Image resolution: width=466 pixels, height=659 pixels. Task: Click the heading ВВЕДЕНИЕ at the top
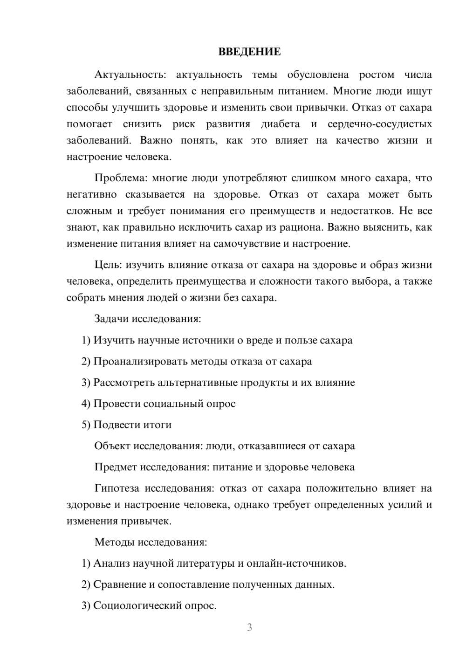[249, 52]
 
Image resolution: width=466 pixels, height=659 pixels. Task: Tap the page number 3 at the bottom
[249, 627]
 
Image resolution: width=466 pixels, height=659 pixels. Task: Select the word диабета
[280, 124]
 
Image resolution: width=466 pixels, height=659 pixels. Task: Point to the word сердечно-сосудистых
[380, 124]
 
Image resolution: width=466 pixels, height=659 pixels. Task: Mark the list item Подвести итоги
[132, 425]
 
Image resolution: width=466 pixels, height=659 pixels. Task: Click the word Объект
[112, 446]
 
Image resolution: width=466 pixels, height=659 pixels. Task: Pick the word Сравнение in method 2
[119, 584]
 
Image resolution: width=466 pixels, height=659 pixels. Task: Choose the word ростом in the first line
[377, 75]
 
